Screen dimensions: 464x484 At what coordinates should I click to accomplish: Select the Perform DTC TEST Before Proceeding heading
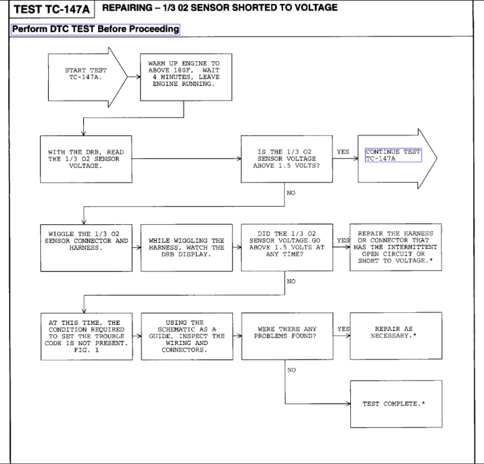coord(95,29)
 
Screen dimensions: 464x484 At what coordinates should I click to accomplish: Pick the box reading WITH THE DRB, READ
coord(86,159)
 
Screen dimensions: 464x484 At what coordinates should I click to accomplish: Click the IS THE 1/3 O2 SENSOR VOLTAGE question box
coord(286,159)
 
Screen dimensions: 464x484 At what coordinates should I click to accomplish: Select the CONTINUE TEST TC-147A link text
coord(392,156)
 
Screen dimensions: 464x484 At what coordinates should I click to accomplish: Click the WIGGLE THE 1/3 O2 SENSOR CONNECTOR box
coord(86,247)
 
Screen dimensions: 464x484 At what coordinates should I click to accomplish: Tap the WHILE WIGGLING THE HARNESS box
coord(186,248)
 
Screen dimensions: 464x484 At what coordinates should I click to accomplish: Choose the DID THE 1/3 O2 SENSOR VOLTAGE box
coord(286,247)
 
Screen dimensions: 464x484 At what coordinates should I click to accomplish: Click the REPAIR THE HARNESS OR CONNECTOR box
coord(395,247)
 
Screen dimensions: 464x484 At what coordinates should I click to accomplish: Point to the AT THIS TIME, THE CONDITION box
coord(86,336)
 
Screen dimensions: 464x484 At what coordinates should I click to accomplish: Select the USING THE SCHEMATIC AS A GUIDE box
coord(186,336)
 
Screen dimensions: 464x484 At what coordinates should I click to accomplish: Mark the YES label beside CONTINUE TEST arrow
coord(343,152)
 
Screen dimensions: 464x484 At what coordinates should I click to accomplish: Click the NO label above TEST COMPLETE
coord(291,370)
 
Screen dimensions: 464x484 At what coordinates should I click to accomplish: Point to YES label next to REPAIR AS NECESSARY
coord(343,329)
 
